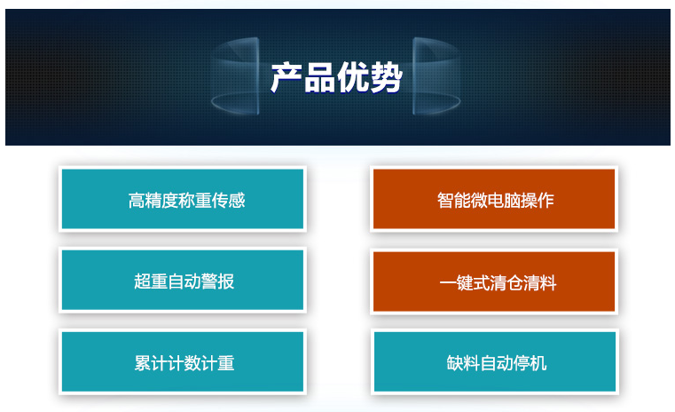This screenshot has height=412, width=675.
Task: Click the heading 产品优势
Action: click(336, 77)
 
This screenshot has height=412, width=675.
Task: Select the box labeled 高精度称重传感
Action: click(183, 199)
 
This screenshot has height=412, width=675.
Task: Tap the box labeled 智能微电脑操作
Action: click(494, 199)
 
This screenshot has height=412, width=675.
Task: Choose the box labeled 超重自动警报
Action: click(183, 280)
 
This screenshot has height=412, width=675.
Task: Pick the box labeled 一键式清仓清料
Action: click(494, 281)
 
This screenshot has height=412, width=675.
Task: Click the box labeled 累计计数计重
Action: click(183, 361)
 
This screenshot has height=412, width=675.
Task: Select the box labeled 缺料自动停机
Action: click(495, 361)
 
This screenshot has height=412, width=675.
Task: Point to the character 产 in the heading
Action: click(286, 77)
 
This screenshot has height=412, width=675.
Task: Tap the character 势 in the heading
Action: click(386, 77)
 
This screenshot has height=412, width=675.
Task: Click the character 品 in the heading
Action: click(319, 77)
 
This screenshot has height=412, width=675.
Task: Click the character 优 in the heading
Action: click(352, 77)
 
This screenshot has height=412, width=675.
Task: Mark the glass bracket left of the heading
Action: click(235, 76)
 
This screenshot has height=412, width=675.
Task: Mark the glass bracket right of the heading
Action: click(436, 76)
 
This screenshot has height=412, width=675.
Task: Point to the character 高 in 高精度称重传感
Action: click(137, 201)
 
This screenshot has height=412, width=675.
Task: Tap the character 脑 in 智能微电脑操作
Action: click(513, 201)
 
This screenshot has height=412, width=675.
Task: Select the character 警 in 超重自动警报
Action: click(209, 281)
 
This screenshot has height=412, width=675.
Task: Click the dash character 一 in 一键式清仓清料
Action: click(448, 283)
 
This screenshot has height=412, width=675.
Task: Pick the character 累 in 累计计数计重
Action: click(143, 363)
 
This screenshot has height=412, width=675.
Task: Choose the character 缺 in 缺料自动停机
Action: click(455, 363)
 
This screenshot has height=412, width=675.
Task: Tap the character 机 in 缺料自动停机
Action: click(538, 363)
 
